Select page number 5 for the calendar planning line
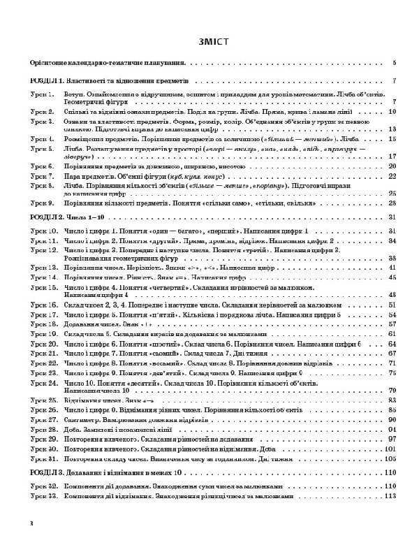point(395,63)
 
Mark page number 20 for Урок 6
point(392,166)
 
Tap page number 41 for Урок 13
point(392,267)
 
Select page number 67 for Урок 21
point(392,353)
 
